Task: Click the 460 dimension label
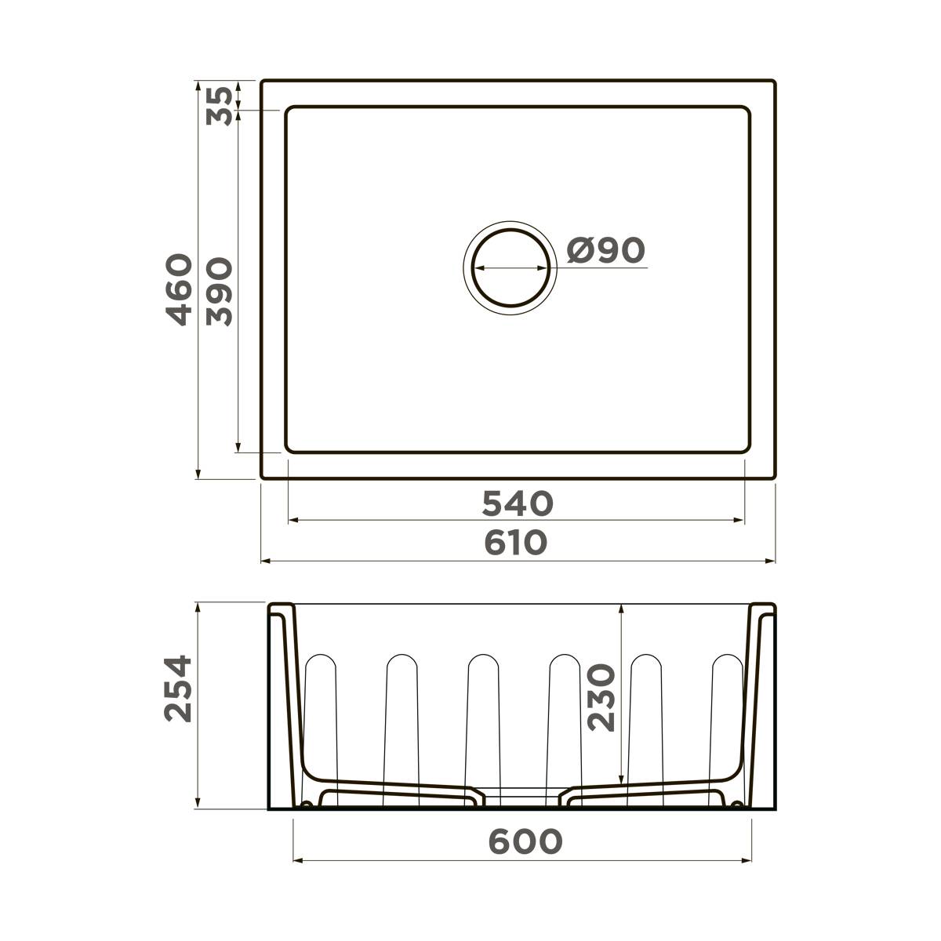point(180,289)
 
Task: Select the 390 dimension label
point(220,292)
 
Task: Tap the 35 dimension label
point(220,106)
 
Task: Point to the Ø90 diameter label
point(606,250)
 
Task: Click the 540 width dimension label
point(518,503)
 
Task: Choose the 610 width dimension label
point(515,543)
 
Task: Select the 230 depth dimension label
point(602,698)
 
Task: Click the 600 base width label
point(525,841)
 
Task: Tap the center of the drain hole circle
point(510,267)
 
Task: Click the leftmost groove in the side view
point(321,706)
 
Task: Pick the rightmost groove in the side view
point(726,706)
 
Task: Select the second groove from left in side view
point(401,706)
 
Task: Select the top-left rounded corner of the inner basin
point(289,111)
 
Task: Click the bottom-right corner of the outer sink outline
point(773,477)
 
